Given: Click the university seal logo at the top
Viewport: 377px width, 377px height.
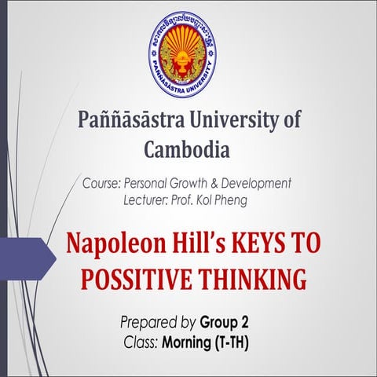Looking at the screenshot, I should coord(181,53).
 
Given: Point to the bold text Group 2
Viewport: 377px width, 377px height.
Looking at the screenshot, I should coord(226,323).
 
